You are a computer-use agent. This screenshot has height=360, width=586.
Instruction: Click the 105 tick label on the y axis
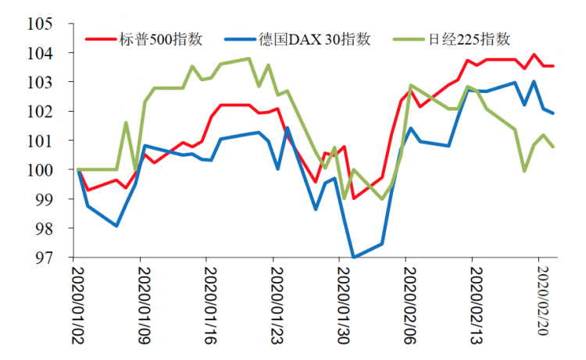(x=41, y=24)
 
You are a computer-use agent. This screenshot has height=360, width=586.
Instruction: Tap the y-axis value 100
(x=41, y=169)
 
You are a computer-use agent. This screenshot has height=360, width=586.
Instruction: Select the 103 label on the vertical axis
(x=41, y=82)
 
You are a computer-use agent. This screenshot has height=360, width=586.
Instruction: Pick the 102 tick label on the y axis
(x=41, y=112)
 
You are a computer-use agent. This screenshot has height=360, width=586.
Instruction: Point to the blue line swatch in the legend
(x=238, y=38)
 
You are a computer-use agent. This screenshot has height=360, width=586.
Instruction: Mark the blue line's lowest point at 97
(x=354, y=257)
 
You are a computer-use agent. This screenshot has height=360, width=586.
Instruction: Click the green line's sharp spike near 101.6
(x=126, y=123)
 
